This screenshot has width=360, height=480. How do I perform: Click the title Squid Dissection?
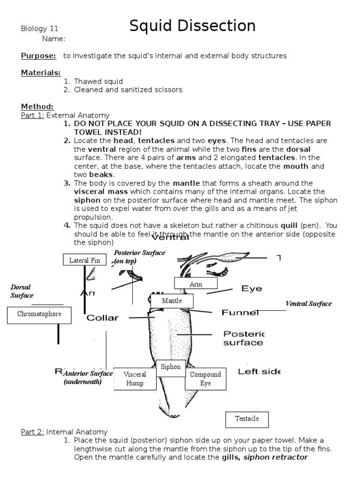tap(193, 26)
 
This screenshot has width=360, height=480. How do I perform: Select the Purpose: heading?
tap(38, 56)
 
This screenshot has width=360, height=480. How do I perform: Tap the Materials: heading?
tap(41, 73)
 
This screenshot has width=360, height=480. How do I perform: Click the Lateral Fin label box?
tap(85, 260)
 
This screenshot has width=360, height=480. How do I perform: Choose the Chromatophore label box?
tap(39, 315)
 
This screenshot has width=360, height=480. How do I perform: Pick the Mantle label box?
tap(172, 301)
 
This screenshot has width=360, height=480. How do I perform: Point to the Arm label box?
tap(195, 284)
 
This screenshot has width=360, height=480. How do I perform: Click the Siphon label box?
tap(171, 367)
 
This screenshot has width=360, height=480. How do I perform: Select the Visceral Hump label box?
tap(135, 379)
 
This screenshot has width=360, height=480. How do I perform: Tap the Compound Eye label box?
tap(206, 379)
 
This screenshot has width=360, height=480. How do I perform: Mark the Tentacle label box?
tap(247, 419)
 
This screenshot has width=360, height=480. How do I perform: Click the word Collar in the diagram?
tap(103, 318)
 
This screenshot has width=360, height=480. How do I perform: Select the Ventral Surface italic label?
tap(308, 304)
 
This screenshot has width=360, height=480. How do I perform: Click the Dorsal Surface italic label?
tap(22, 291)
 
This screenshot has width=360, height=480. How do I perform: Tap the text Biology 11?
tap(40, 29)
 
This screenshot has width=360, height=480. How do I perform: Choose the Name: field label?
tap(53, 39)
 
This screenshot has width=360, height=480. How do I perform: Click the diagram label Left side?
tap(259, 372)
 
